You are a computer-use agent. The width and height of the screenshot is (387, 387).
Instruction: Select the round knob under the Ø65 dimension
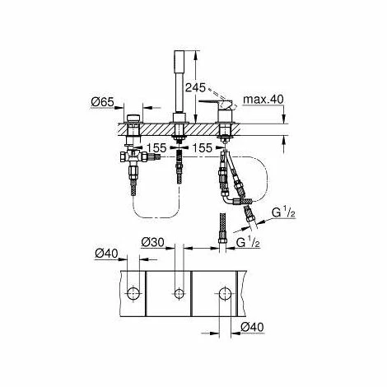point(133,114)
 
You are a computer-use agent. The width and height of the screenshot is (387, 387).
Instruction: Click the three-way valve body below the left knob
point(133,156)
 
